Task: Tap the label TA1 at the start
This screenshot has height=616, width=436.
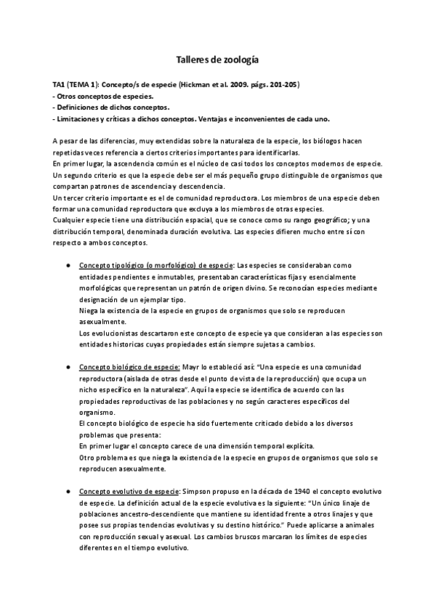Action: point(60,84)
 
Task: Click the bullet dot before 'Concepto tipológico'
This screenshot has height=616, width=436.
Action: point(68,266)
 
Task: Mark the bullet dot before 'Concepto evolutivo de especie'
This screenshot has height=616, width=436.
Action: point(68,491)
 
